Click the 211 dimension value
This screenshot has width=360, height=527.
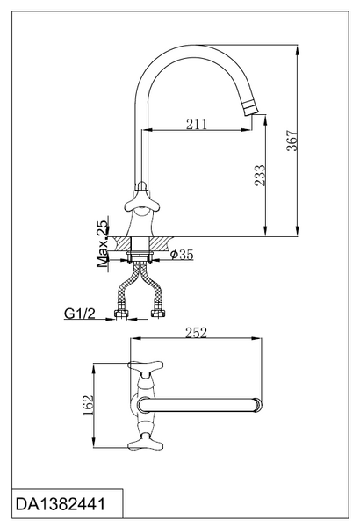point(197,124)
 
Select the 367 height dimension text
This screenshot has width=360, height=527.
point(292,141)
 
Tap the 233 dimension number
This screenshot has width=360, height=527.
point(260,175)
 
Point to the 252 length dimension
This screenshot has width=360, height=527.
point(197,333)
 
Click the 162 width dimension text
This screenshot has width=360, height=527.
point(89,405)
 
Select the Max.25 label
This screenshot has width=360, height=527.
point(103,243)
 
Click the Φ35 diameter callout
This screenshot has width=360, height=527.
point(182,255)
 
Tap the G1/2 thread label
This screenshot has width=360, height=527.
point(80,314)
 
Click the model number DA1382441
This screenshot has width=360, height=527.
point(61,504)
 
